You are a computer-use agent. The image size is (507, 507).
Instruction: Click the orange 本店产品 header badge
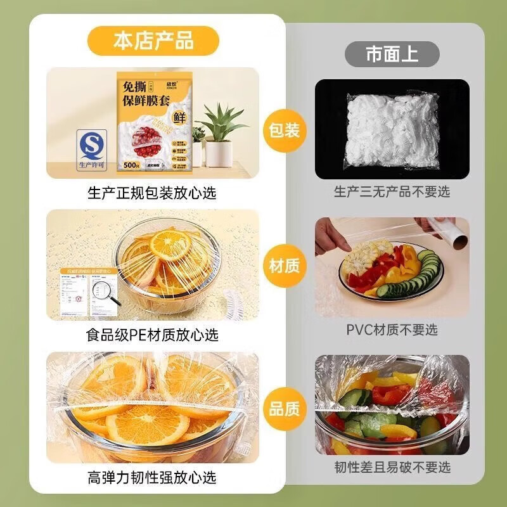(x=153, y=42)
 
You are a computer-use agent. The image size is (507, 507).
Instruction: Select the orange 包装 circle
(x=285, y=131)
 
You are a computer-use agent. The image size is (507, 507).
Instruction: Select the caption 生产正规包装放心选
(x=151, y=193)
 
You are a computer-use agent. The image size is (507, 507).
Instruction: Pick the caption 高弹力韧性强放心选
(x=151, y=477)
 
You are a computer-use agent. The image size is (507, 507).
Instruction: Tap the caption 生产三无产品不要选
(x=392, y=191)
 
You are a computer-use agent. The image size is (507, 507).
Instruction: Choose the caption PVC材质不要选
(x=392, y=330)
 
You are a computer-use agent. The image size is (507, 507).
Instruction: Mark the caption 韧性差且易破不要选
(x=392, y=467)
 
